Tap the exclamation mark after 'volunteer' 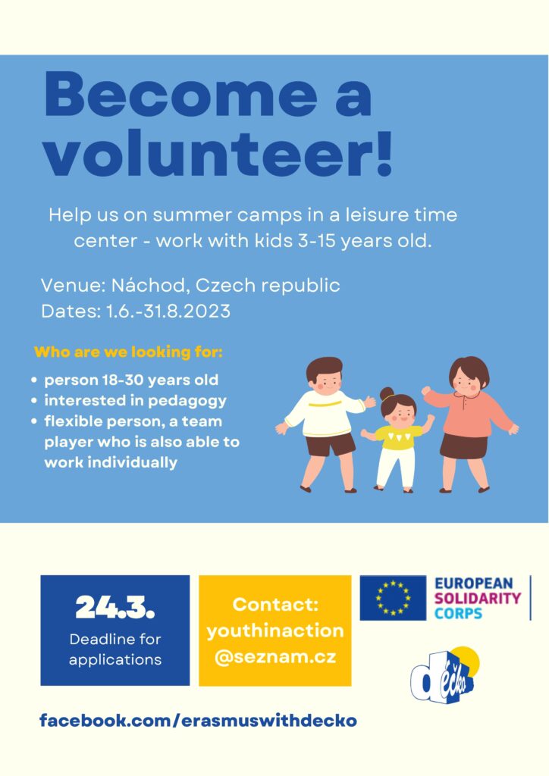coord(384,153)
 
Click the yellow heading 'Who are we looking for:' coord(128,352)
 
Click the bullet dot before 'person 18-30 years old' coord(34,380)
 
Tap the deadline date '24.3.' coord(115,607)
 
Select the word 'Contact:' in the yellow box coord(275,604)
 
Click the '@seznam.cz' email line coord(275,657)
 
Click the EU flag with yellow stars coord(393,597)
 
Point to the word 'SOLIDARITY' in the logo coord(477,598)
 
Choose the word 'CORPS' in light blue coord(458,613)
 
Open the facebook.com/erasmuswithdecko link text coord(198,720)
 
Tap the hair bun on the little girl coord(387,394)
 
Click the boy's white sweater coord(325,413)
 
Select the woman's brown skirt coord(464,446)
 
